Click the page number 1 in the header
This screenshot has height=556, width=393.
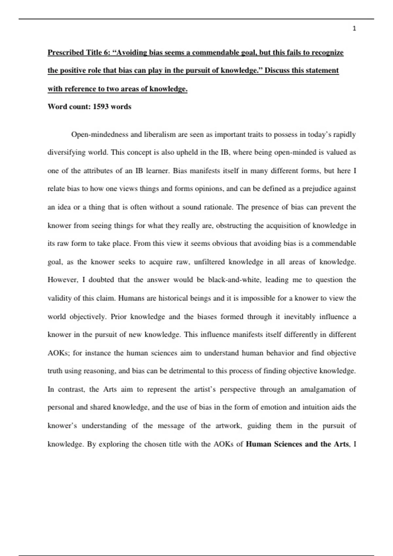354,29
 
